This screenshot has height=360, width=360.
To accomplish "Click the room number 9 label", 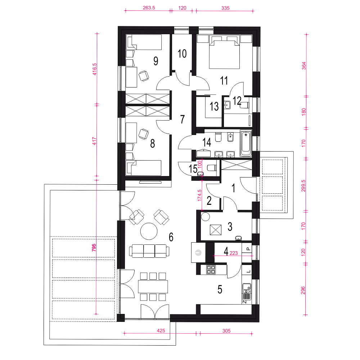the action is coord(156,61).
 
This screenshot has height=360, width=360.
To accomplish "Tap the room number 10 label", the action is coord(182,54).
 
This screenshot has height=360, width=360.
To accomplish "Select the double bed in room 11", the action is coord(224,52).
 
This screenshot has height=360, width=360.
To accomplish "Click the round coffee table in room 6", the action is coord(149,231).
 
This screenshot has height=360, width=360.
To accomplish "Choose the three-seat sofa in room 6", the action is coord(149,251).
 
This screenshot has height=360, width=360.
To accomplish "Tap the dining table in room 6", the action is coord(153,286).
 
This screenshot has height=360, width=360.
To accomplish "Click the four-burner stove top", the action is coord(211,270).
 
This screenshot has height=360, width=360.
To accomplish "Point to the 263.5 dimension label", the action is coord(149,8).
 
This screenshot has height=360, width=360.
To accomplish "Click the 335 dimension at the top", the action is coord(225,8).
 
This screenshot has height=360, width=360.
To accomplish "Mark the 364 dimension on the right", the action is coord(304,66).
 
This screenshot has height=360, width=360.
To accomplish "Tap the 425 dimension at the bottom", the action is coord(161,330).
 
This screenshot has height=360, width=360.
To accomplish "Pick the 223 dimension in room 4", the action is coord(234,253).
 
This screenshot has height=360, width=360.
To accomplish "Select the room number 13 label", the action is coord(214,106).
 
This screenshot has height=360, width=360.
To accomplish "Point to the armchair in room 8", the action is coord(144,134).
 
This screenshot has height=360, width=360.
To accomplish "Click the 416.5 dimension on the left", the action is coord(94,69).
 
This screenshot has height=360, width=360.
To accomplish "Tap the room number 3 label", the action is coord(230,226).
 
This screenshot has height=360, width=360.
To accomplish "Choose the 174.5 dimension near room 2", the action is coord(199,195).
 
